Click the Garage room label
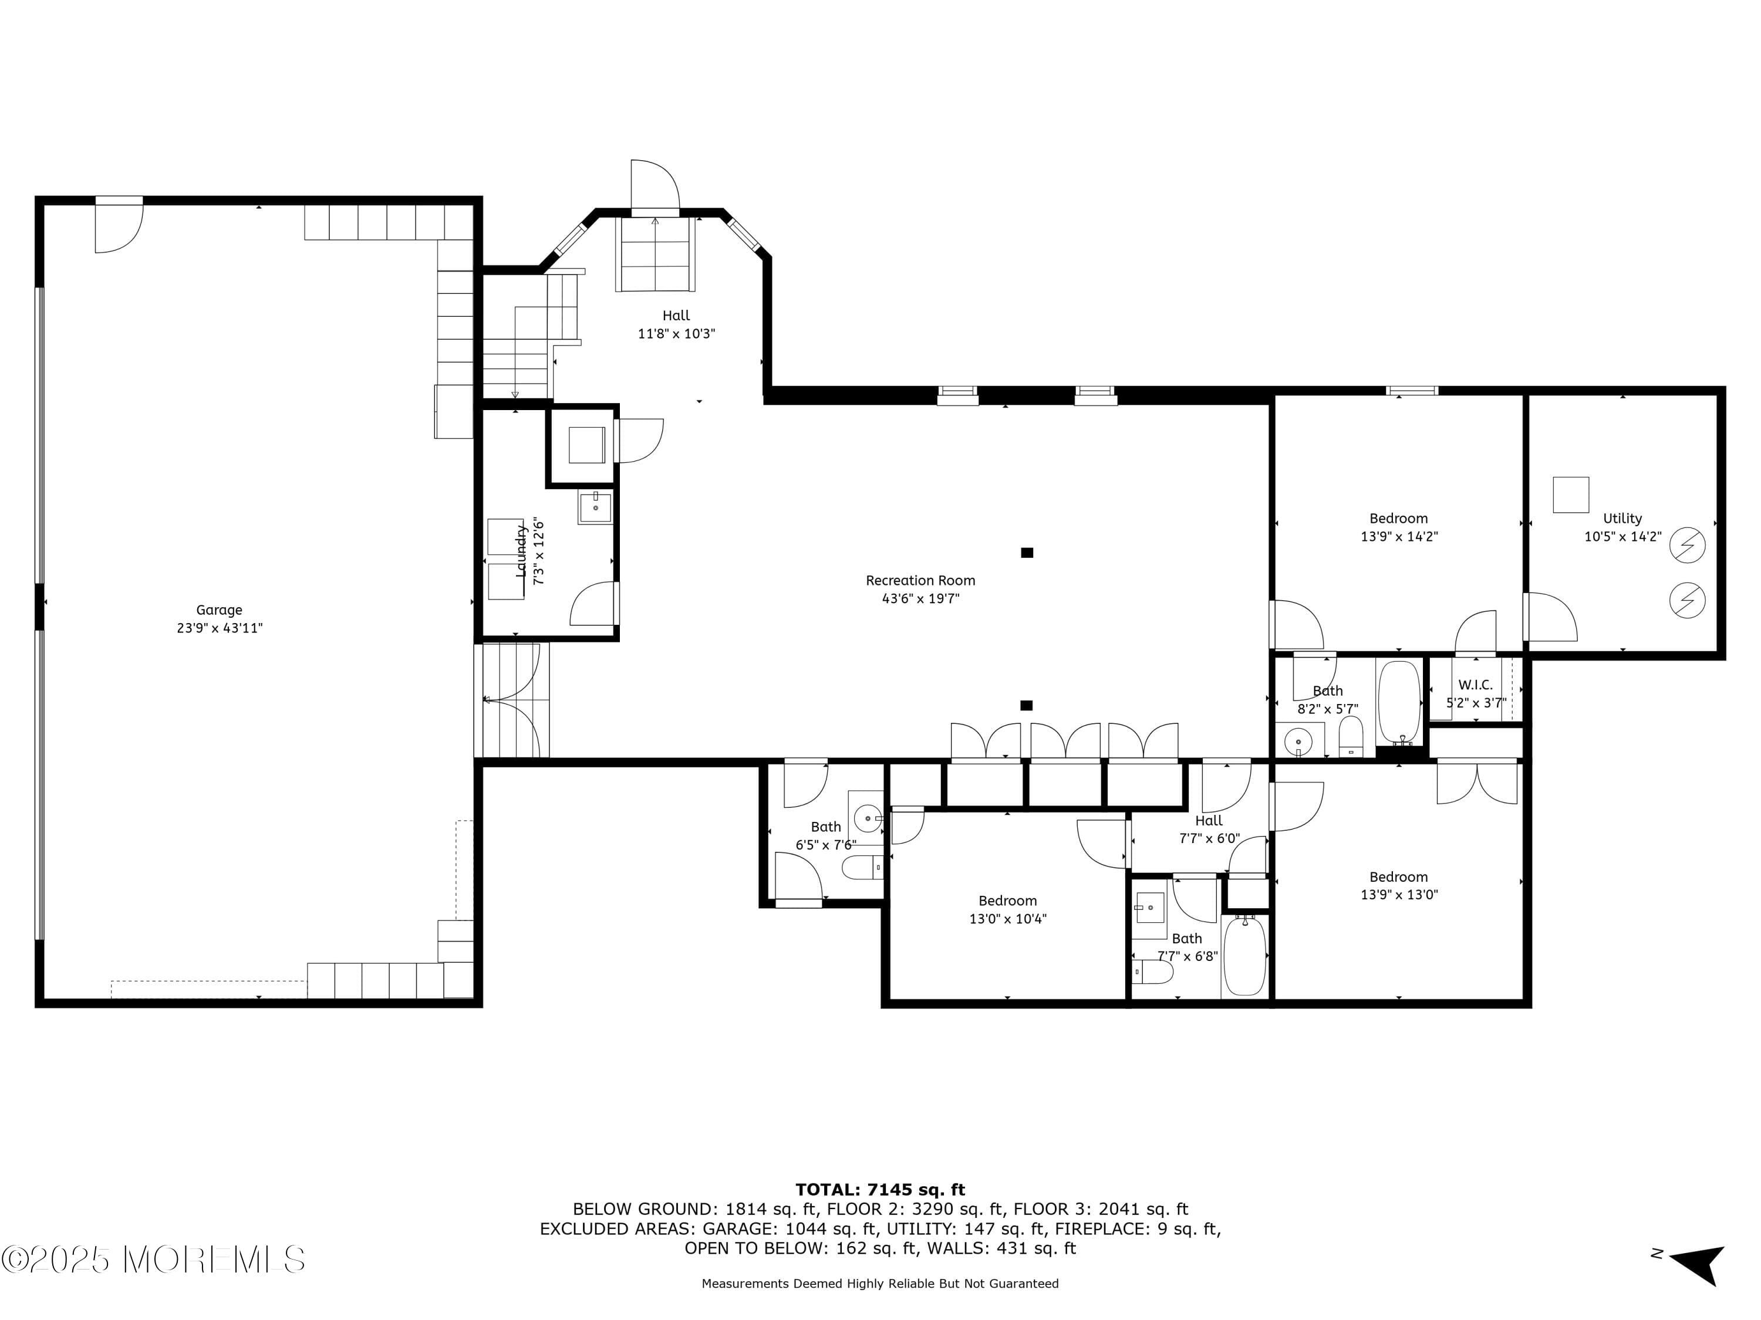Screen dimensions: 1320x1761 point(219,610)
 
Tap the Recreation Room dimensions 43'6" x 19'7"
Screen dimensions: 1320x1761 point(920,599)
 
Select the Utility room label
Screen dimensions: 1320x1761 point(1622,519)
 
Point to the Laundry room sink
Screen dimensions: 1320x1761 point(595,507)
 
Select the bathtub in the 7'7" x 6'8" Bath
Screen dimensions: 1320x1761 point(1244,956)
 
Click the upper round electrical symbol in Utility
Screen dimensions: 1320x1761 point(1687,546)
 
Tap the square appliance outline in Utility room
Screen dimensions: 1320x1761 point(1571,495)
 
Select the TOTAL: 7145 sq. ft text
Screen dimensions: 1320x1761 point(880,1190)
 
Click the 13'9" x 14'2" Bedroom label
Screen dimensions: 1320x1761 point(1398,519)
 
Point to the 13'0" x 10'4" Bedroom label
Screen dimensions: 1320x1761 point(1007,901)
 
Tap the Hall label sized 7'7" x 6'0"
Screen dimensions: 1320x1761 point(1209,820)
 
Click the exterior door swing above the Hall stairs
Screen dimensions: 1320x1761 point(655,185)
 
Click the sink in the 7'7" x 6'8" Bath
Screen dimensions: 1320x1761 point(1149,907)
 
